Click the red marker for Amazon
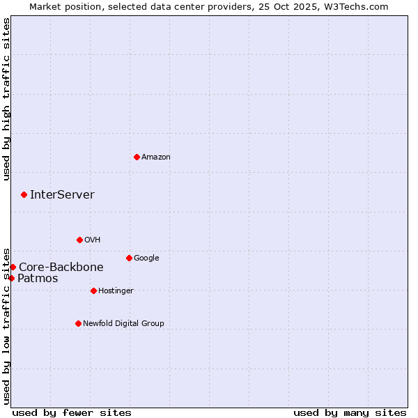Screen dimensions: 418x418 137,157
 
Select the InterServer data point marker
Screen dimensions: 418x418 24,194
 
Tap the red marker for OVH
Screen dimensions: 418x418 79,240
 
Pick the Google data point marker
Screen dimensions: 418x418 129,258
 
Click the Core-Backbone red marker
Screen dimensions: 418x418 13,267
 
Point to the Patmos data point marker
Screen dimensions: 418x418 11,278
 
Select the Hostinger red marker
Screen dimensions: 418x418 93,291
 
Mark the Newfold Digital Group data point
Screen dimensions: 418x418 78,323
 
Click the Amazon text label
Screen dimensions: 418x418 156,157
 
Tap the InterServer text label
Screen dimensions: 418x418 62,195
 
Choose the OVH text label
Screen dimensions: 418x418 93,240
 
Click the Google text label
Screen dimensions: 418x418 146,258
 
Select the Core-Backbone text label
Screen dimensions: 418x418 61,268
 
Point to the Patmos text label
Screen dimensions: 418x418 38,279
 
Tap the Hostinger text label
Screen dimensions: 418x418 116,291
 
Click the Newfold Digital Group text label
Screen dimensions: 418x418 123,324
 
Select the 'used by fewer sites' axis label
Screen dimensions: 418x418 72,413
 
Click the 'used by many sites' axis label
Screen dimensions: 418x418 350,413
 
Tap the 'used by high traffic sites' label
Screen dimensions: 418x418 7,99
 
